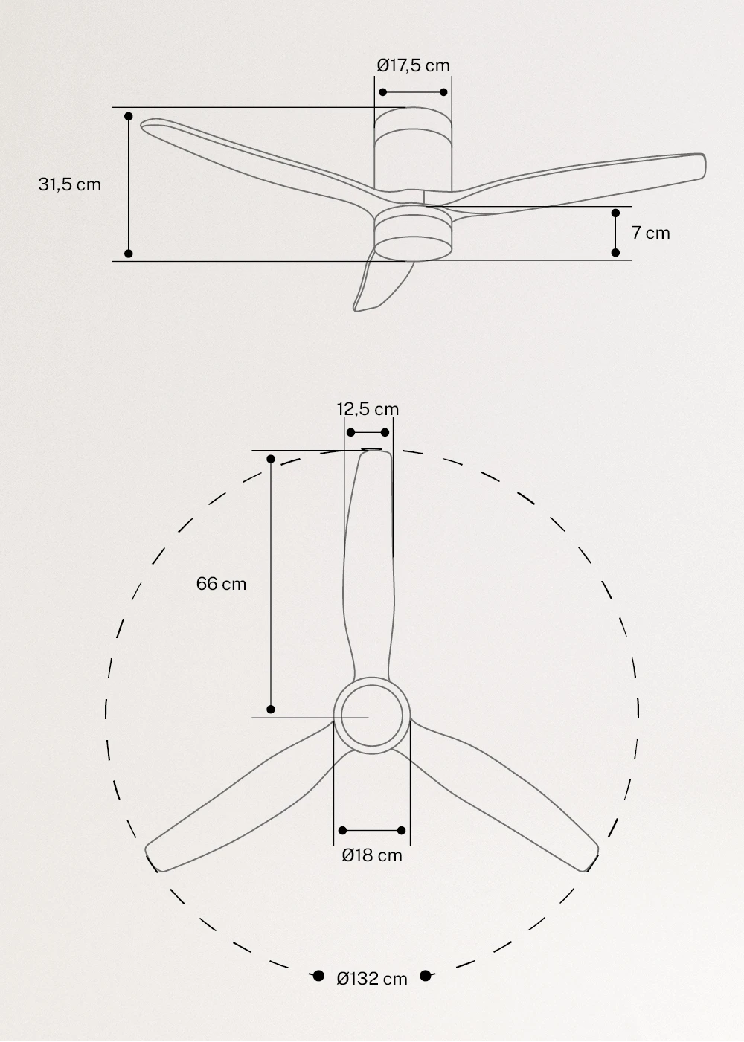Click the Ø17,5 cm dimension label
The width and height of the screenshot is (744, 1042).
point(413,65)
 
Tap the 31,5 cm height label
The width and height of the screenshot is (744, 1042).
point(69,184)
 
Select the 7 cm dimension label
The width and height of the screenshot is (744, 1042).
point(650,233)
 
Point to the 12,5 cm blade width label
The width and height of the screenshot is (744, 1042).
point(368,409)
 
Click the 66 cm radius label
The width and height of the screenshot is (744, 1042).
point(221,584)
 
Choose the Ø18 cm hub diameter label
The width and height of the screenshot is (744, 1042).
point(372,855)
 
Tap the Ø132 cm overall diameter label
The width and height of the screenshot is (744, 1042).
point(372,978)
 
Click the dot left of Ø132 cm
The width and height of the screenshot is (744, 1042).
point(318,976)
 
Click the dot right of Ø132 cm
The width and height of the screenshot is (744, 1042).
point(426,976)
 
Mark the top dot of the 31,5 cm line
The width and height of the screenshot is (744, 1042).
point(129,117)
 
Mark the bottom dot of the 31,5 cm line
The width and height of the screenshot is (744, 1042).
point(129,254)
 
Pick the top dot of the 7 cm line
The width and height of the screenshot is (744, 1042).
point(615,213)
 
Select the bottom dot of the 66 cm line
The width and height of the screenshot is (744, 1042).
point(271,710)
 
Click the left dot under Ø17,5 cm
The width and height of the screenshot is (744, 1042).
point(383,92)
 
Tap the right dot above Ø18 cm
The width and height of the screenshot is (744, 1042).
point(402,830)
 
